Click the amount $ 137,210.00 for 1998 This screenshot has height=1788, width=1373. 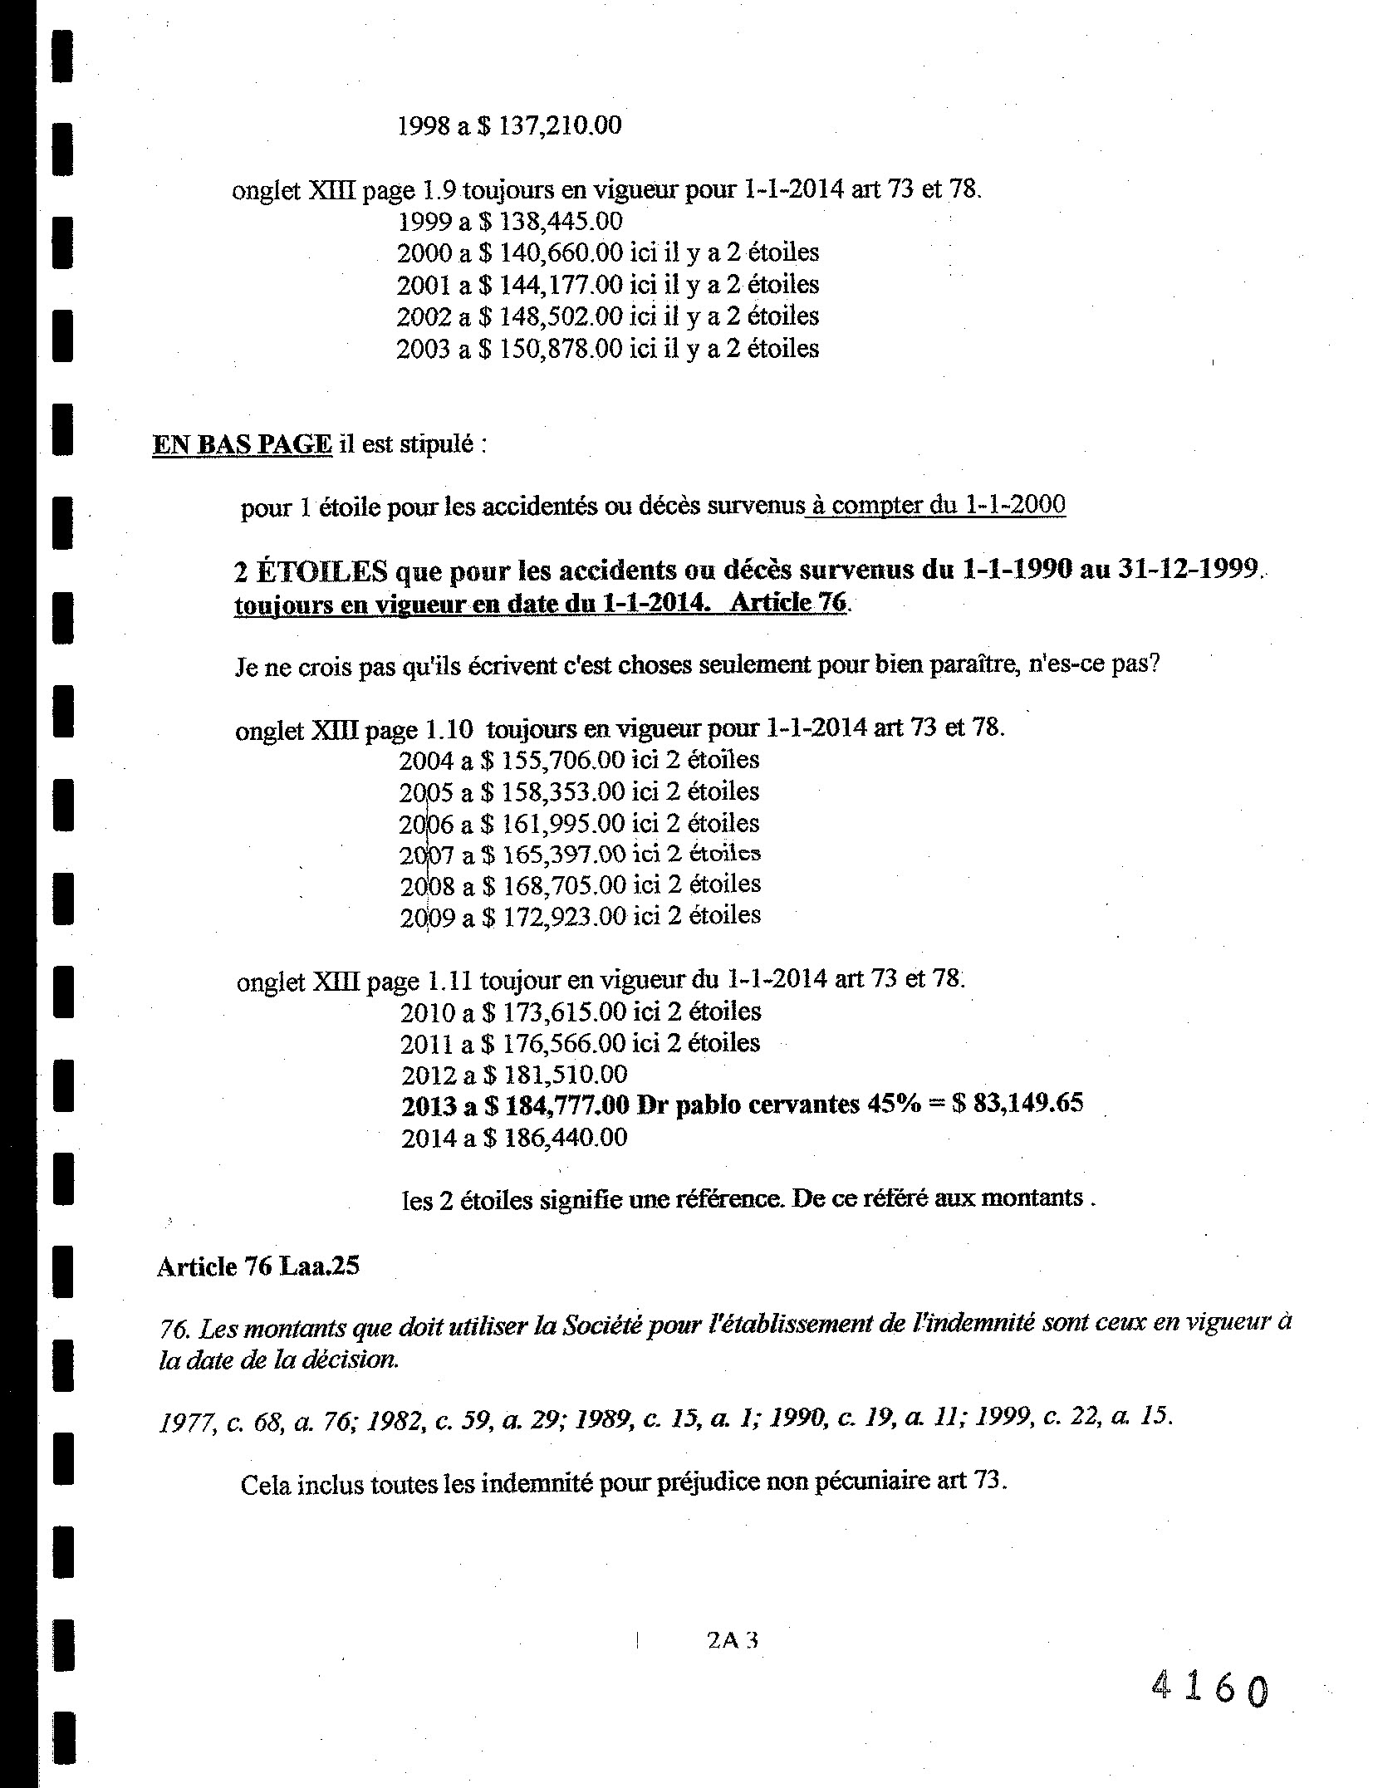pyautogui.click(x=550, y=125)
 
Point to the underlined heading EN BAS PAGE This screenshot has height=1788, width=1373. pyautogui.click(x=242, y=444)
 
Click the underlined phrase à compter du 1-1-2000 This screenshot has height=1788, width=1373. pyautogui.click(x=936, y=505)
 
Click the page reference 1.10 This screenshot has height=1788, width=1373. pyautogui.click(x=449, y=729)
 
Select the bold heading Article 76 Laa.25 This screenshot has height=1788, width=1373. pyautogui.click(x=257, y=1266)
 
